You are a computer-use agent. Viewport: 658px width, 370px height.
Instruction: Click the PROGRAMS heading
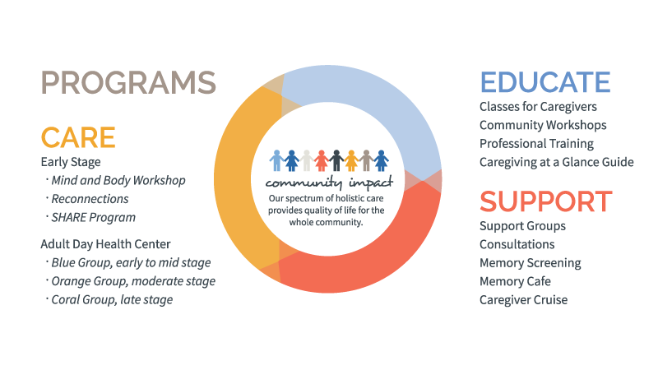click(x=128, y=82)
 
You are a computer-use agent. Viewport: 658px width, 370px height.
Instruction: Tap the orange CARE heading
click(x=78, y=137)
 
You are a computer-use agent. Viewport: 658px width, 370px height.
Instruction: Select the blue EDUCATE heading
click(x=545, y=82)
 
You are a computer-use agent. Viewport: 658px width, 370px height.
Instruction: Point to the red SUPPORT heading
click(x=546, y=201)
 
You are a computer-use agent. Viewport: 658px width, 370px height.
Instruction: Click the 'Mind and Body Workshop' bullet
click(x=118, y=180)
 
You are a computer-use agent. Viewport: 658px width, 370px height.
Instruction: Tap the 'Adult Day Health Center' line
click(x=105, y=244)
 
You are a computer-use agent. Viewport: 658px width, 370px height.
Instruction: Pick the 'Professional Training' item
click(x=536, y=143)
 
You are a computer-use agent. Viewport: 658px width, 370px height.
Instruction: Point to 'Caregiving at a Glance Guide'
click(x=557, y=162)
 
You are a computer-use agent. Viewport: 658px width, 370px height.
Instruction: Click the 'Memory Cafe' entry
click(x=515, y=281)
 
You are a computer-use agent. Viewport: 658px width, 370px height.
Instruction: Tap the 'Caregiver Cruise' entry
click(x=523, y=299)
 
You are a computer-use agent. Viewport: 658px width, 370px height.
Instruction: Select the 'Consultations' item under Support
click(x=517, y=244)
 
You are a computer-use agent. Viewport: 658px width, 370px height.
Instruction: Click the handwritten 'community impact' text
click(x=329, y=183)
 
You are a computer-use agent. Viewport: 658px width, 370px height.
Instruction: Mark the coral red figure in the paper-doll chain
click(x=322, y=160)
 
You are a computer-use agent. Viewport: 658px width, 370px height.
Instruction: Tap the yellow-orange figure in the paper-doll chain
click(x=351, y=160)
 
